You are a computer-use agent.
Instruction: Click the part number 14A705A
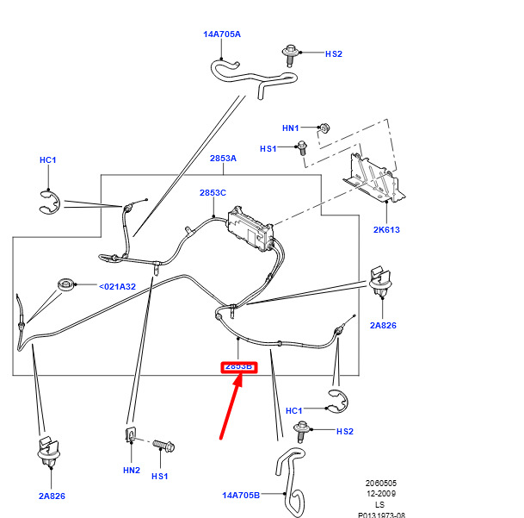pyautogui.click(x=222, y=34)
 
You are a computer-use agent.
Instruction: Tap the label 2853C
pyautogui.click(x=213, y=193)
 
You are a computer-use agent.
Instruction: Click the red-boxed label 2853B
pyautogui.click(x=239, y=366)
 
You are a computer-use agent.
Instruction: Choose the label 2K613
pyautogui.click(x=386, y=230)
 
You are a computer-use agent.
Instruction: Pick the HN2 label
pyautogui.click(x=131, y=471)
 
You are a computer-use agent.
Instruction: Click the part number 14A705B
pyautogui.click(x=242, y=495)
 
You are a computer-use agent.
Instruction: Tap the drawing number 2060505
pyautogui.click(x=379, y=484)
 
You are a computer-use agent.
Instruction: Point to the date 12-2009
pyautogui.click(x=379, y=494)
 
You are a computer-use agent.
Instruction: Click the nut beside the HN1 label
pyautogui.click(x=324, y=128)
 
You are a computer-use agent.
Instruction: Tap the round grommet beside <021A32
pyautogui.click(x=65, y=284)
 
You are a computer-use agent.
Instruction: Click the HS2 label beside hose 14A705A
pyautogui.click(x=334, y=53)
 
